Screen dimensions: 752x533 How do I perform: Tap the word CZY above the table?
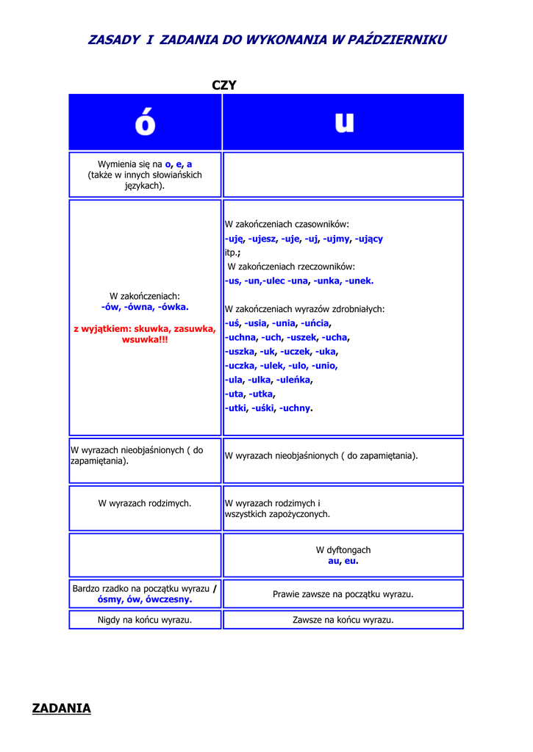point(224,85)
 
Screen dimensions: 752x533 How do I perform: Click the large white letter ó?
point(145,123)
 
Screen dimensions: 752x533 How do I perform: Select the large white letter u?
point(343,123)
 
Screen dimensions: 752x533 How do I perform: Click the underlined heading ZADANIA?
point(62,708)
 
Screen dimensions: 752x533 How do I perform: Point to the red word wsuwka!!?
point(145,340)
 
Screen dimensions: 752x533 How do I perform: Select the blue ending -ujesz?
point(262,239)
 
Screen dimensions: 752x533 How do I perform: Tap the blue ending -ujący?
point(368,239)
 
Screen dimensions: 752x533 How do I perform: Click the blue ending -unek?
point(359,281)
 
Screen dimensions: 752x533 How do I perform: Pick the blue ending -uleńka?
point(294,380)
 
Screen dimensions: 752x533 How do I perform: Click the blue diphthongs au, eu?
point(343,561)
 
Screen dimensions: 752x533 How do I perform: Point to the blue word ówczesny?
point(168,599)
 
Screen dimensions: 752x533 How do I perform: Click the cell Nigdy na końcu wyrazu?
point(145,620)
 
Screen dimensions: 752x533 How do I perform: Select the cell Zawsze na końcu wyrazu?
point(343,620)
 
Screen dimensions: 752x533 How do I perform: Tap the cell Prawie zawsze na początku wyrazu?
point(343,594)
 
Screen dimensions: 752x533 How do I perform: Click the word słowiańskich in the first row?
point(174,175)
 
